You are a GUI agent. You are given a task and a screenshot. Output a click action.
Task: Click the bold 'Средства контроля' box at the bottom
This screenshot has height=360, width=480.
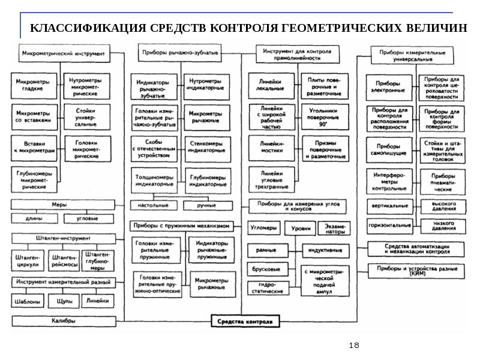(246, 321)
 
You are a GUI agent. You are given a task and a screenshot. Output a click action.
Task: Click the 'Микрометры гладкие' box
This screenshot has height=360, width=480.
(34, 86)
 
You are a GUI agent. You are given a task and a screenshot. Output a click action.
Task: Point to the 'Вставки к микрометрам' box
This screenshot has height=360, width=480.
(34, 148)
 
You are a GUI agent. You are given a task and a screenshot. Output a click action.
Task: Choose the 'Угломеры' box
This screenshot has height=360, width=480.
(264, 227)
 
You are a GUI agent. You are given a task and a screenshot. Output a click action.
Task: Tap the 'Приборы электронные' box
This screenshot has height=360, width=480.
(389, 88)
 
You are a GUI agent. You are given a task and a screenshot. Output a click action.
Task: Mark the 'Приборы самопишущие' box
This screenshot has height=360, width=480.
(389, 149)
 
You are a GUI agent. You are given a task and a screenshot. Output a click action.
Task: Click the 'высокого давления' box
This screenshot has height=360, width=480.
(443, 206)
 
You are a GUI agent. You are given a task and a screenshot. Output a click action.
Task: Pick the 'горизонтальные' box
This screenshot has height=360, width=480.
(389, 226)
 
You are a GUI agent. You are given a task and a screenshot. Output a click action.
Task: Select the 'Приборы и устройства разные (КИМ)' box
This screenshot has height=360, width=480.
(416, 270)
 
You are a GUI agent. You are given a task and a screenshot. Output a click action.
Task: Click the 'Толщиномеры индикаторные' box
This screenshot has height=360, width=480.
(154, 181)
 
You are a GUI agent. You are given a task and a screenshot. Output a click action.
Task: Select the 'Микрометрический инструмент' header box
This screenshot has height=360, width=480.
(63, 53)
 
